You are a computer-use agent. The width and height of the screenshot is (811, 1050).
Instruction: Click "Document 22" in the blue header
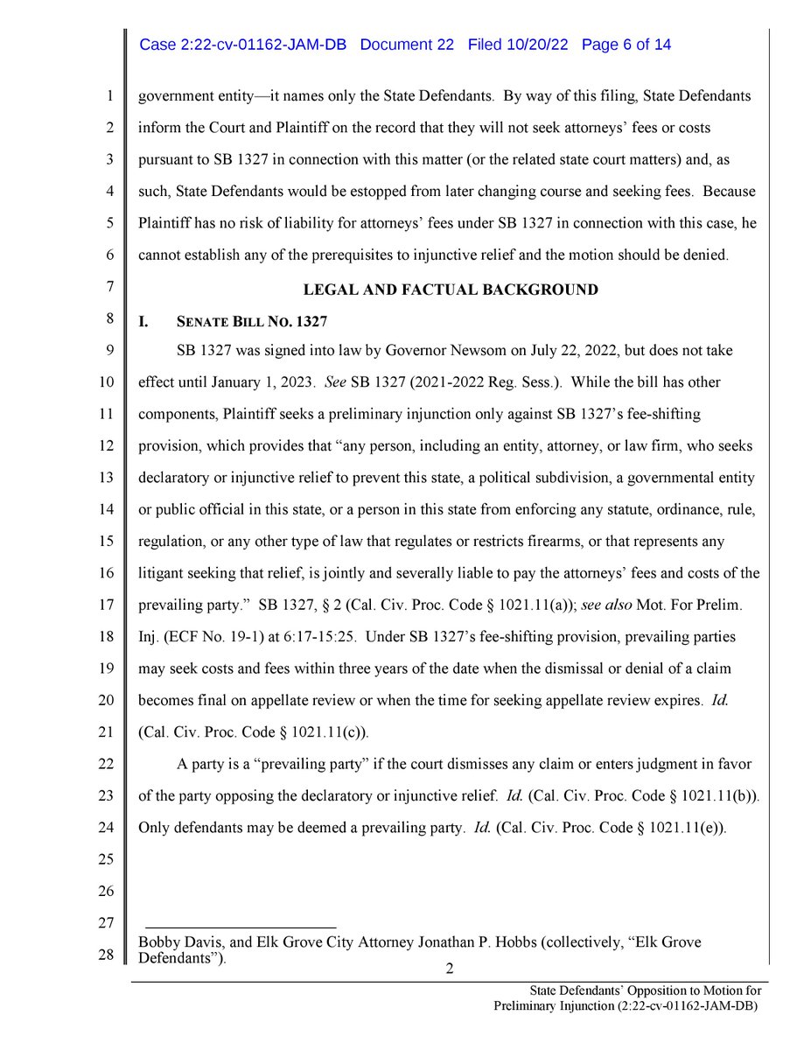pos(407,45)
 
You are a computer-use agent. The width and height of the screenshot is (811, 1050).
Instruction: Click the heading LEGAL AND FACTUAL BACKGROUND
pos(450,290)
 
